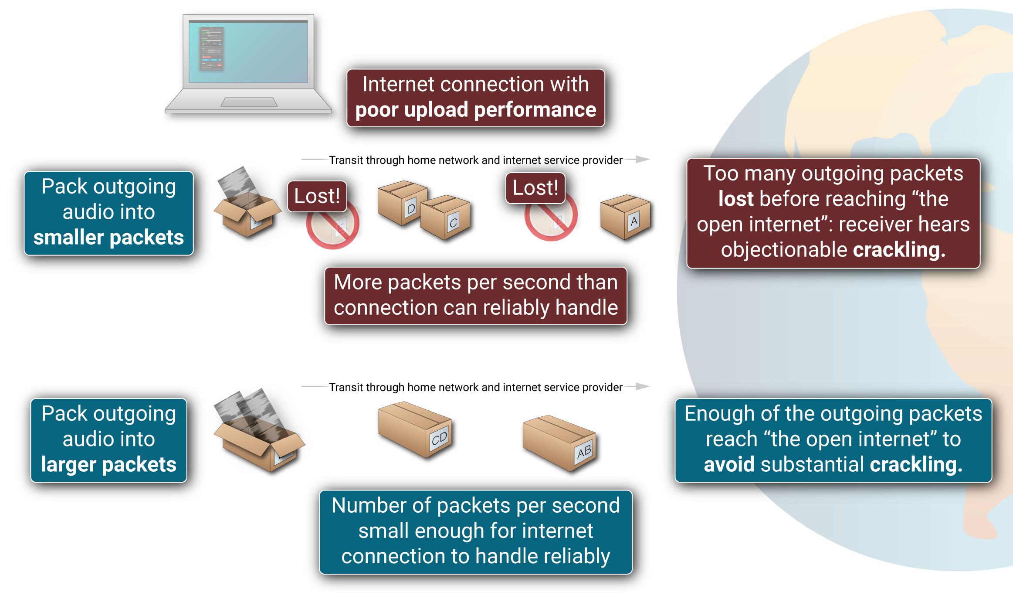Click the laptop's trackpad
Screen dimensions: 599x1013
[249, 102]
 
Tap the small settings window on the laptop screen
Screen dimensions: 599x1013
[211, 48]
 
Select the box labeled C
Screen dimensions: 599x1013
[445, 217]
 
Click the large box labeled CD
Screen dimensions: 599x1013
[415, 429]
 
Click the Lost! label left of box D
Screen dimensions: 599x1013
[317, 196]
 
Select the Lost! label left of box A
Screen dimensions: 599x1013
[535, 188]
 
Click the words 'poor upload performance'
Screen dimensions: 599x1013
[475, 110]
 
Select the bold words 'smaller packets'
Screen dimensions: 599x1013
[108, 238]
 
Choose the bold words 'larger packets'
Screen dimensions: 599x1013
[108, 465]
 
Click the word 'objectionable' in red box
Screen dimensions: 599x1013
[784, 250]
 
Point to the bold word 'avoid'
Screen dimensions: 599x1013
[728, 465]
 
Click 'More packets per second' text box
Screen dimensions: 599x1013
[475, 295]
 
